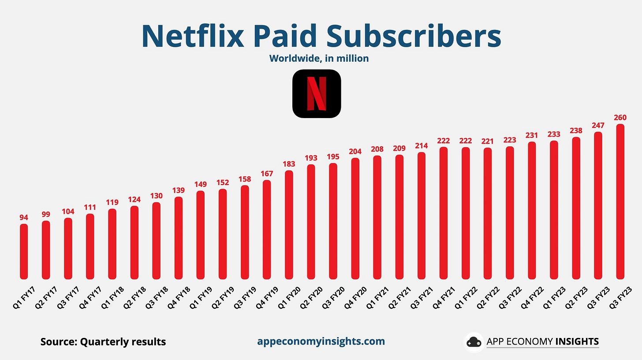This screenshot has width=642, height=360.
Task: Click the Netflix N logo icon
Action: (x=317, y=94)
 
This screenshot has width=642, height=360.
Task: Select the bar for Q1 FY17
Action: (x=24, y=251)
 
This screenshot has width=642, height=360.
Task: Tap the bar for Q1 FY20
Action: (x=289, y=225)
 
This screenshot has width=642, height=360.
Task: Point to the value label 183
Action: (x=289, y=163)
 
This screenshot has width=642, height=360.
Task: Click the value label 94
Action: (x=24, y=217)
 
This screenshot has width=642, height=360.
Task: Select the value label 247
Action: (x=598, y=125)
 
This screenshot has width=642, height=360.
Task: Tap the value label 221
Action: (x=488, y=141)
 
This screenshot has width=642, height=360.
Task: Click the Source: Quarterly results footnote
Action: (x=103, y=341)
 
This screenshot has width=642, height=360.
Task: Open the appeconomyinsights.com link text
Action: (x=321, y=341)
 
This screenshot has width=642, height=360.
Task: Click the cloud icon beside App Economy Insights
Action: (x=474, y=342)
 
